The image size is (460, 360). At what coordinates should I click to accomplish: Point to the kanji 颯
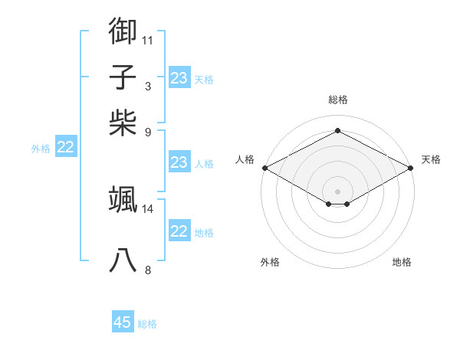[123, 199]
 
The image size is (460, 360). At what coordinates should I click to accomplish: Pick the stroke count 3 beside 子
[148, 86]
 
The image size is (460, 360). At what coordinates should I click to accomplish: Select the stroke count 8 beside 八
[148, 270]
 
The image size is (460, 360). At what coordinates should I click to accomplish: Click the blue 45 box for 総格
[123, 322]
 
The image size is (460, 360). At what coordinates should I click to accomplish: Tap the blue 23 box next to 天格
[179, 78]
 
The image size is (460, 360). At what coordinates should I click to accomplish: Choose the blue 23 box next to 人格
[179, 162]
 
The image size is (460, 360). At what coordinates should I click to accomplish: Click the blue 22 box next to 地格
[179, 231]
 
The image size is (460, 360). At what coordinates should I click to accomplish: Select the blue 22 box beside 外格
[65, 148]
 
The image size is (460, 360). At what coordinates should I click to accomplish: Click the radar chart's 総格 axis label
[337, 100]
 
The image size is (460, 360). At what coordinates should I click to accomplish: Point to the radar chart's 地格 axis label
[402, 262]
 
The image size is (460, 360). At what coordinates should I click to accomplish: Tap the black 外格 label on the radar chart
[270, 262]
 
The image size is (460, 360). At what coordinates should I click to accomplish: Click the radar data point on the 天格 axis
[412, 168]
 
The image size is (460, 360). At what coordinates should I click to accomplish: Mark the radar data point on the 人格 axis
[264, 168]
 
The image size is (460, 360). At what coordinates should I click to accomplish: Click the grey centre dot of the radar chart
[337, 191]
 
